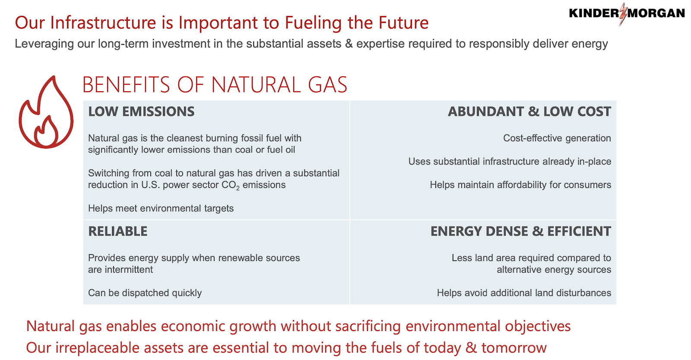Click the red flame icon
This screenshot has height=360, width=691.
click(x=46, y=113)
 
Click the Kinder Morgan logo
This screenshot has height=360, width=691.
click(x=627, y=13)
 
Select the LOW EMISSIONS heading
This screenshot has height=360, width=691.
click(x=141, y=112)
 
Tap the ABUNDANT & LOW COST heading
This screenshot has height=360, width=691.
click(x=529, y=112)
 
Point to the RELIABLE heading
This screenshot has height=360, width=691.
click(x=118, y=231)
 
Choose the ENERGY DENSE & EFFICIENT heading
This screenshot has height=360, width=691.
click(x=521, y=231)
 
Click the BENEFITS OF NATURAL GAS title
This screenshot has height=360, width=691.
click(x=215, y=85)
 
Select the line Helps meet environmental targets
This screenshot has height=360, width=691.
click(x=161, y=208)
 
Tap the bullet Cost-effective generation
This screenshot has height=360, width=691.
click(x=557, y=138)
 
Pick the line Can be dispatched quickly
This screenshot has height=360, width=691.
click(x=145, y=293)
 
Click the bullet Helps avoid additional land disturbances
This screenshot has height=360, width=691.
click(x=524, y=293)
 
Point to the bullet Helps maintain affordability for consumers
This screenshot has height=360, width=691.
click(x=520, y=185)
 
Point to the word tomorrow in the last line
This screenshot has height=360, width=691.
click(x=514, y=348)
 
